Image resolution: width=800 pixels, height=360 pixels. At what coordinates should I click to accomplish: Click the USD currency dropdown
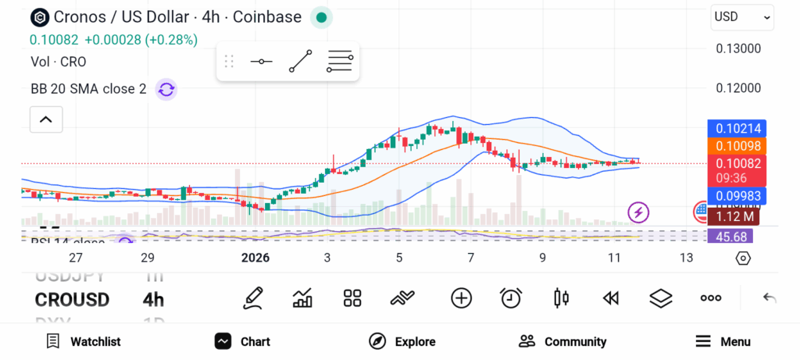click(x=741, y=16)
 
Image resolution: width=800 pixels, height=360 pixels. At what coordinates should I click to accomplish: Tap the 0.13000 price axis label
click(x=738, y=48)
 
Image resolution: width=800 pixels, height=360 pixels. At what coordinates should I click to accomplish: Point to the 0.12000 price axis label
click(x=738, y=87)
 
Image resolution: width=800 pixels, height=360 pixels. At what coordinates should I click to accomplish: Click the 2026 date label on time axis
click(x=255, y=258)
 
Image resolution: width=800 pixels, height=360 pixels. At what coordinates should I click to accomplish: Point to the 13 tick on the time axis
click(x=686, y=258)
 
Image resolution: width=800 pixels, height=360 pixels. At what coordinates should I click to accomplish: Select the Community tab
click(x=562, y=341)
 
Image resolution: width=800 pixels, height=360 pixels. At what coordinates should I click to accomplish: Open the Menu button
click(x=723, y=341)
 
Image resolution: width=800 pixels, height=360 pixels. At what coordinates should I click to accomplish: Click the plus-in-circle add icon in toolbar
click(x=461, y=298)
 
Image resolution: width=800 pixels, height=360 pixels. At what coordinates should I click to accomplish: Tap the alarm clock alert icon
click(x=511, y=298)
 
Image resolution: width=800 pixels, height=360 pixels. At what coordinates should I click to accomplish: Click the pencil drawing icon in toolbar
click(x=252, y=298)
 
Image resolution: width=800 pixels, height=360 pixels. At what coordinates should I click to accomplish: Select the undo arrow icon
click(x=770, y=298)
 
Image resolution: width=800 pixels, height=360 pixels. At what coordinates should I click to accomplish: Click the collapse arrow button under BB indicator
click(x=46, y=119)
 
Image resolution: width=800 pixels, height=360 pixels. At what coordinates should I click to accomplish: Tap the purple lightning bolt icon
click(x=639, y=212)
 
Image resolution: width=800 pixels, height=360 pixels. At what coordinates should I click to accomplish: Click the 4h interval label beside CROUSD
click(x=153, y=300)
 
